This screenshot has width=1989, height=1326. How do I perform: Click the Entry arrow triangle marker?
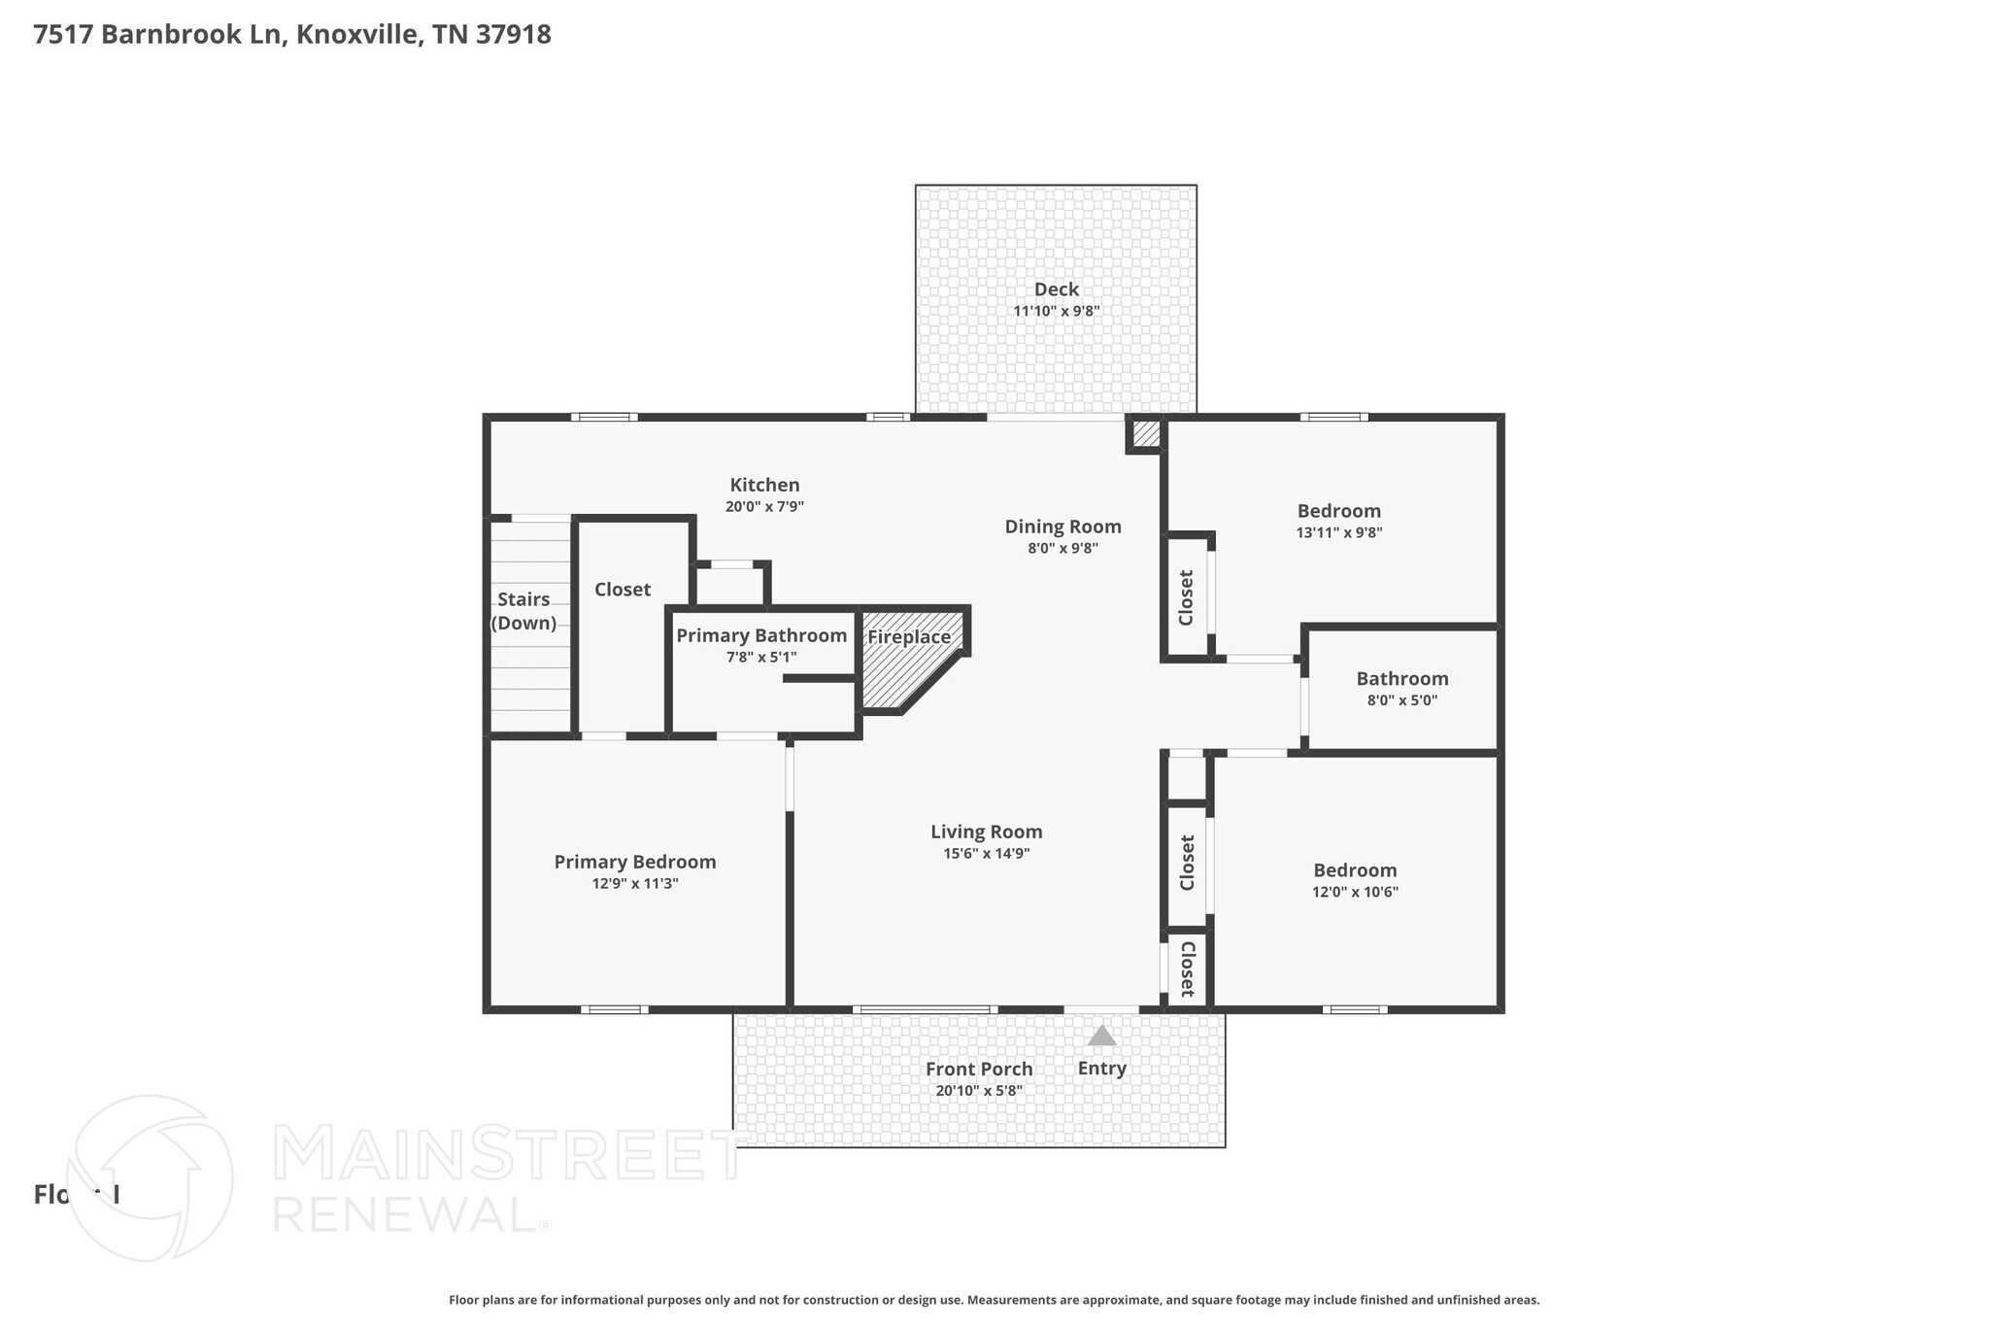1101,1037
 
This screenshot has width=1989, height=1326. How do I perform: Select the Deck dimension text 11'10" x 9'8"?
1056,311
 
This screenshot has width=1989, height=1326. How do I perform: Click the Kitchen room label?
764,485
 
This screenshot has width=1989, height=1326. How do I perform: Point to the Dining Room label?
1062,527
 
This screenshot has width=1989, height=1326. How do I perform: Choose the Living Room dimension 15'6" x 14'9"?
986,854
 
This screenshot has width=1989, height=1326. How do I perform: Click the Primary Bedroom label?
635,862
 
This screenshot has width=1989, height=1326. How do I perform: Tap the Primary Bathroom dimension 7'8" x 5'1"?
760,658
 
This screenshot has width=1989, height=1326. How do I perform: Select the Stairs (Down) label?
523,611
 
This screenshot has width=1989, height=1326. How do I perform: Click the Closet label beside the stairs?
623,590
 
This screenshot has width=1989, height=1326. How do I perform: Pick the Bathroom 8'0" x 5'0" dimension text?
1401,700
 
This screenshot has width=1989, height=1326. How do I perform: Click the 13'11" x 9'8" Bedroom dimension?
1338,532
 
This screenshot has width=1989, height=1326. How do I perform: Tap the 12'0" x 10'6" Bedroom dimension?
1354,892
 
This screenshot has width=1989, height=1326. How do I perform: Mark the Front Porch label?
978,1069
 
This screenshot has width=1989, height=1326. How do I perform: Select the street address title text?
292,35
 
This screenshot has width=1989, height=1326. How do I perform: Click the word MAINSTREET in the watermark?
510,1155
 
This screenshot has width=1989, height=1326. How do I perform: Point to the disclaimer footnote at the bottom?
994,1300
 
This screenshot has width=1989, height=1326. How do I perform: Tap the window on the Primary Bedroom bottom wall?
615,1009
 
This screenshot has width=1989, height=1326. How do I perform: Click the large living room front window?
925,1009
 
